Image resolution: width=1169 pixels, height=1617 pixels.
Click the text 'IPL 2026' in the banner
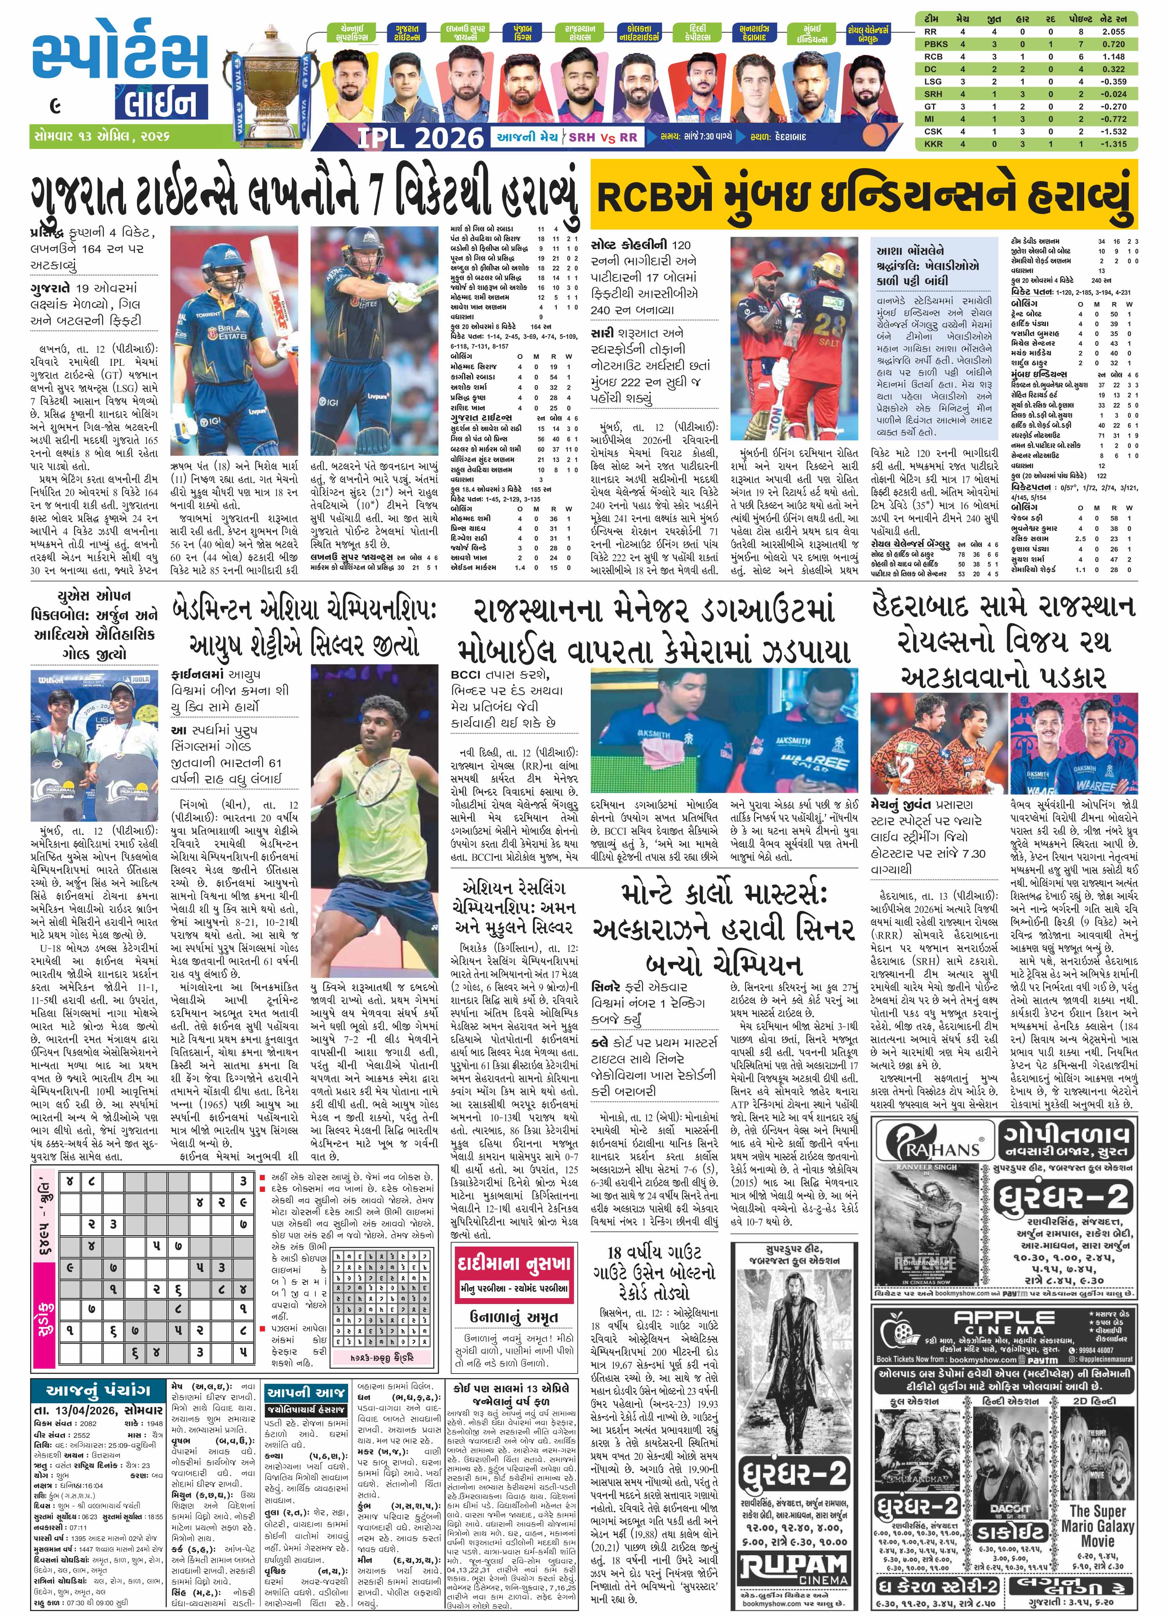pyautogui.click(x=420, y=136)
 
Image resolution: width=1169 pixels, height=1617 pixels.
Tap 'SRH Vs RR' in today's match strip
pyautogui.click(x=602, y=137)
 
